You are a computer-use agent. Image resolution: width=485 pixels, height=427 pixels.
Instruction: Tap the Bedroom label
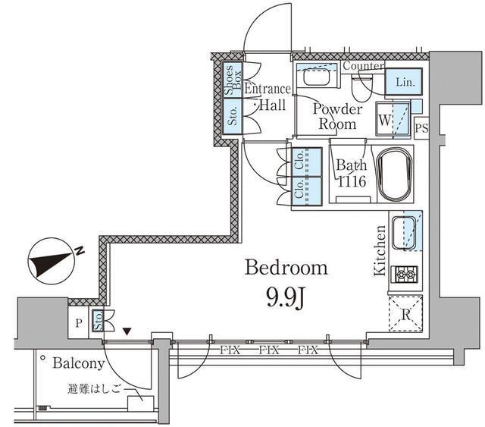click(x=286, y=268)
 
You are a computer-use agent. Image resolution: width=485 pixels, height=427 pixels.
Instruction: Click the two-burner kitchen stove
click(x=405, y=274)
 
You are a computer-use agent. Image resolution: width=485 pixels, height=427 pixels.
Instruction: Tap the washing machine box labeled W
click(x=385, y=120)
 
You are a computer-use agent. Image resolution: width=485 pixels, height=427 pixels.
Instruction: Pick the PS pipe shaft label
click(x=421, y=128)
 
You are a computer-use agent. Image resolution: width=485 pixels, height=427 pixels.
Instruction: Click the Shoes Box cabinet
click(x=231, y=81)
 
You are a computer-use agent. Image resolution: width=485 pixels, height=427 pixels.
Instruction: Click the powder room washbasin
click(x=314, y=79)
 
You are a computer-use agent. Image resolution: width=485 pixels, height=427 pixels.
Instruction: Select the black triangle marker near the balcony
click(x=127, y=331)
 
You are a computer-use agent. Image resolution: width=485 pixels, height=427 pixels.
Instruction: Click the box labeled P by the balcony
click(x=79, y=322)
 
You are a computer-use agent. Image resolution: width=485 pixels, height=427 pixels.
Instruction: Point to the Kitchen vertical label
click(x=381, y=250)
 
